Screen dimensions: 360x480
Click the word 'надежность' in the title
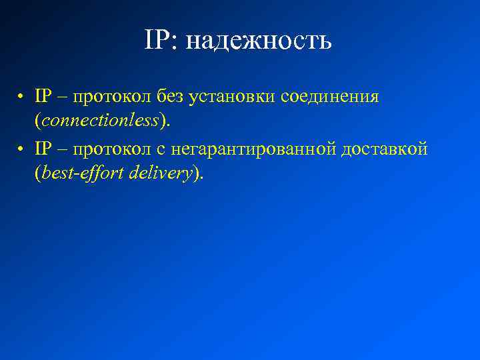[259, 41]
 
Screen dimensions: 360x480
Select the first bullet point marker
[22, 97]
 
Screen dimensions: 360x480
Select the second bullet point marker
[22, 149]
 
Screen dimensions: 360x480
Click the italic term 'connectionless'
[101, 121]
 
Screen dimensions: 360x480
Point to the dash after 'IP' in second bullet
[63, 149]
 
